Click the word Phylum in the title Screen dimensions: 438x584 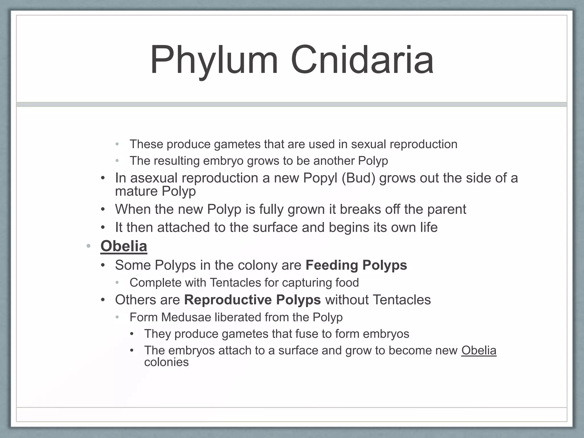(214, 60)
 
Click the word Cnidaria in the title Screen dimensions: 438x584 (362, 60)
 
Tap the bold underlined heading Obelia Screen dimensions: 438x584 (124, 246)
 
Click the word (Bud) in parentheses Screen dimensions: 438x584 (358, 178)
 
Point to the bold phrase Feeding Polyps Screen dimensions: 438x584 (356, 265)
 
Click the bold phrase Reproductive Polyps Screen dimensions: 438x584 (252, 300)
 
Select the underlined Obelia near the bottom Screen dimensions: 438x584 (479, 350)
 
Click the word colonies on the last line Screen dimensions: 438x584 (166, 362)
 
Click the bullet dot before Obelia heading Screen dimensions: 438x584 (88, 246)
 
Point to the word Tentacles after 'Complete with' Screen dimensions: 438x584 (235, 283)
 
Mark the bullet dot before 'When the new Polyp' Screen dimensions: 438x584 (103, 210)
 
